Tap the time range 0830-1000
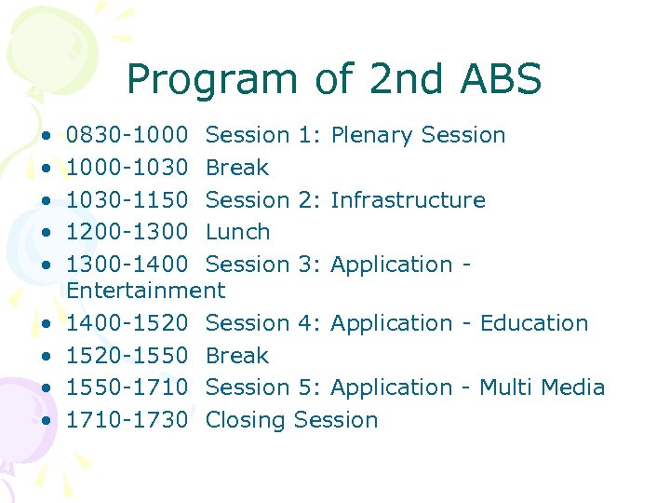127,135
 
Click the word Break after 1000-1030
237,168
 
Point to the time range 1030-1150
127,199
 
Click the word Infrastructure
408,199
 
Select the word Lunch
237,232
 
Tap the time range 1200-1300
127,232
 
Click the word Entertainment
146,291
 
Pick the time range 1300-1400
127,264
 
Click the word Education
534,323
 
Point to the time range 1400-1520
127,323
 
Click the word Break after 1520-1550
237,356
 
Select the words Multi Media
542,387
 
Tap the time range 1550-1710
127,387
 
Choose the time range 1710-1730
127,420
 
